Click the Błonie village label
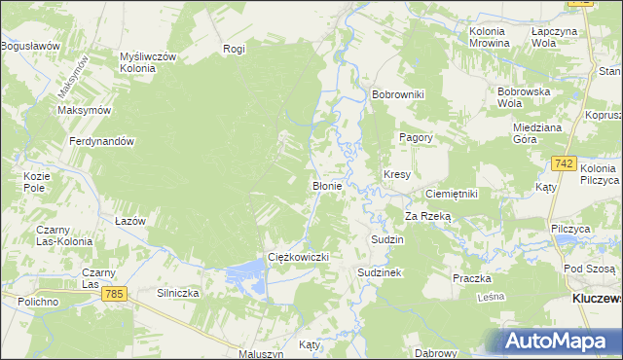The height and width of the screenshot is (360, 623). (x=325, y=185)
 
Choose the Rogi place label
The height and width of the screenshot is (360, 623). (x=234, y=49)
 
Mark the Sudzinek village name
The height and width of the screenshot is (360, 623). (x=379, y=273)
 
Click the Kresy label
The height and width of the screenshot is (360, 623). (x=397, y=175)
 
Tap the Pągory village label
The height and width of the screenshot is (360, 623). (x=416, y=138)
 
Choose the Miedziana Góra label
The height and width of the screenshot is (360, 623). (x=539, y=133)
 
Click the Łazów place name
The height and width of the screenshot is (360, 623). (x=129, y=221)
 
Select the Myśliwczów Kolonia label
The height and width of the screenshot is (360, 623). (x=147, y=63)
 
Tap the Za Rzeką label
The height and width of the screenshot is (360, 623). (x=428, y=216)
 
